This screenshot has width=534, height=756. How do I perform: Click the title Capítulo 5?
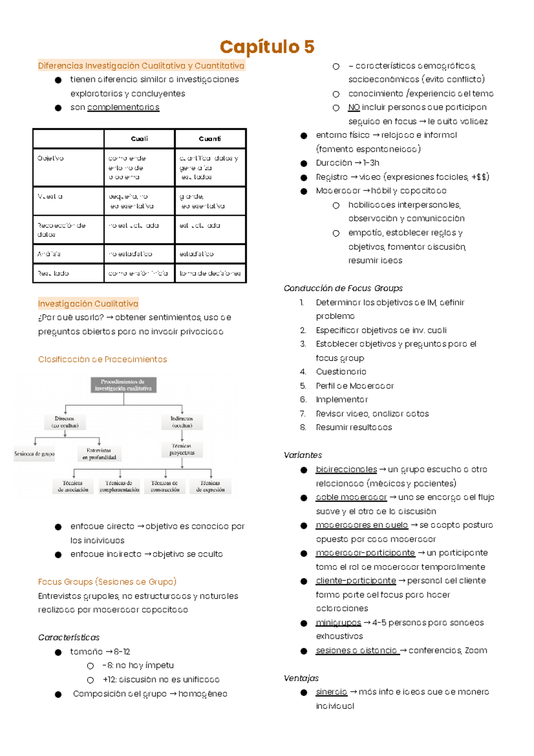pyautogui.click(x=267, y=47)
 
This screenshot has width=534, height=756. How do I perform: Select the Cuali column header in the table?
pyautogui.click(x=139, y=139)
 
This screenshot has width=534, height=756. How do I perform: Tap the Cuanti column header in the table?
pyautogui.click(x=210, y=139)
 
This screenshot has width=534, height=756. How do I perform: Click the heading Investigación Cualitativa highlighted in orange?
pyautogui.click(x=88, y=304)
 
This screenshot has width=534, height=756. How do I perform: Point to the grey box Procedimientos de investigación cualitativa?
pyautogui.click(x=123, y=385)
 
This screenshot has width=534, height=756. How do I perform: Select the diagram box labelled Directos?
pyautogui.click(x=65, y=422)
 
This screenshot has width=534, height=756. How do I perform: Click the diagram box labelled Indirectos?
pyautogui.click(x=182, y=422)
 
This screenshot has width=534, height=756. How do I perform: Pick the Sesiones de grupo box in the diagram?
pyautogui.click(x=34, y=454)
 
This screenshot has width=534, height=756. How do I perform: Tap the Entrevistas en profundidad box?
pyautogui.click(x=99, y=454)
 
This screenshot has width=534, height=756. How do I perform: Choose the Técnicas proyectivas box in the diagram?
pyautogui.click(x=182, y=450)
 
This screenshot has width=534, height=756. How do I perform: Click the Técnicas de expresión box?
pyautogui.click(x=210, y=486)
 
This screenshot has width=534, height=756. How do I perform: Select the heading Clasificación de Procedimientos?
pyautogui.click(x=102, y=359)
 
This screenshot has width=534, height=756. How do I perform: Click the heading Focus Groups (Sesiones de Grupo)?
pyautogui.click(x=107, y=582)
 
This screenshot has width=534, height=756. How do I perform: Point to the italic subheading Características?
pyautogui.click(x=69, y=638)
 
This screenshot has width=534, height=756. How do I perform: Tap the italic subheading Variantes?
pyautogui.click(x=303, y=455)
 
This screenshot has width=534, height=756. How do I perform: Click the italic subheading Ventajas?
pyautogui.click(x=301, y=678)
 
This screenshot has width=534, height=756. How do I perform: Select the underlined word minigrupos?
pyautogui.click(x=339, y=622)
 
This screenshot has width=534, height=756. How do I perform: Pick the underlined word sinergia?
pyautogui.click(x=332, y=692)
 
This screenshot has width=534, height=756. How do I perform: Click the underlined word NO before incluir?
pyautogui.click(x=354, y=107)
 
